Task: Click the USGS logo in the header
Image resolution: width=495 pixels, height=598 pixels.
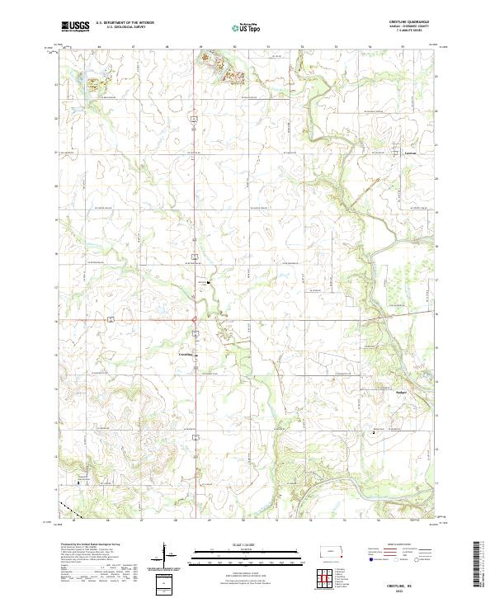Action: tap(75, 27)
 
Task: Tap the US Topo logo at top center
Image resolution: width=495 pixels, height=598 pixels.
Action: tap(247, 28)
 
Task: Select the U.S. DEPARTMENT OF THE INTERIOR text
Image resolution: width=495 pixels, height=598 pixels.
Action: tap(123, 24)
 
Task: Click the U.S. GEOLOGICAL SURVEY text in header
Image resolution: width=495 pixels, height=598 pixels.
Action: tap(118, 29)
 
